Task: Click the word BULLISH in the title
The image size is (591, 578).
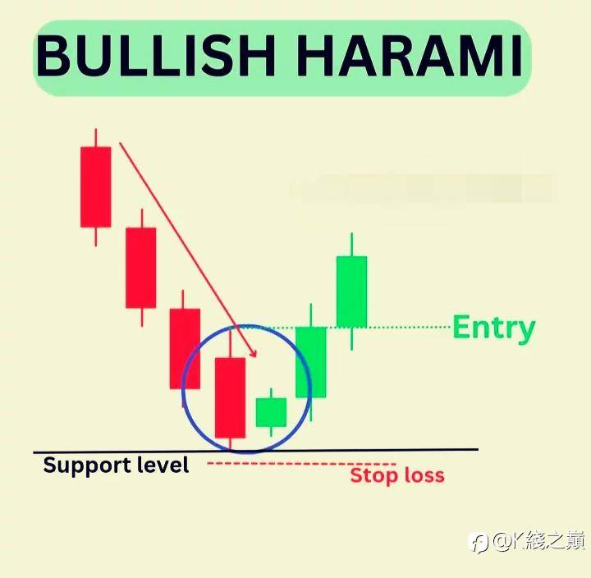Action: click(155, 56)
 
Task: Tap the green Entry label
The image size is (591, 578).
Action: click(494, 328)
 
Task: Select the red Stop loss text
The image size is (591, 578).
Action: click(397, 475)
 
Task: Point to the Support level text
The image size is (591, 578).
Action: click(116, 465)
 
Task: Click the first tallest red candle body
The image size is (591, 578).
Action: click(96, 187)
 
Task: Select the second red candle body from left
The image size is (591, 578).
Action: click(141, 268)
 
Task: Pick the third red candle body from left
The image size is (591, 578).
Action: click(185, 349)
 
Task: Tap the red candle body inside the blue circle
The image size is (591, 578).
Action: click(230, 397)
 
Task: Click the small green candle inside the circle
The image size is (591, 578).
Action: click(271, 412)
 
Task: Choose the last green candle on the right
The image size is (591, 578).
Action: click(351, 291)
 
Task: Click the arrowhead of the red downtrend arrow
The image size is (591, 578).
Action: click(254, 354)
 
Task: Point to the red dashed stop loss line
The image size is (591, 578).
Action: click(301, 463)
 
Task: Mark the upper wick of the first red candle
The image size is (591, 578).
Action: click(96, 138)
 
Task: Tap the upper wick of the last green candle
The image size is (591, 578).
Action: click(351, 245)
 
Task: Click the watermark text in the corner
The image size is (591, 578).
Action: click(528, 541)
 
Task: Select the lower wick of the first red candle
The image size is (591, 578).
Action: click(96, 236)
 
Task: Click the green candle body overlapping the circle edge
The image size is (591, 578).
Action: click(310, 362)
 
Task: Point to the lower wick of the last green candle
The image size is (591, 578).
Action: click(351, 338)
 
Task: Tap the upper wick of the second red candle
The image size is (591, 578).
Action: click(142, 218)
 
